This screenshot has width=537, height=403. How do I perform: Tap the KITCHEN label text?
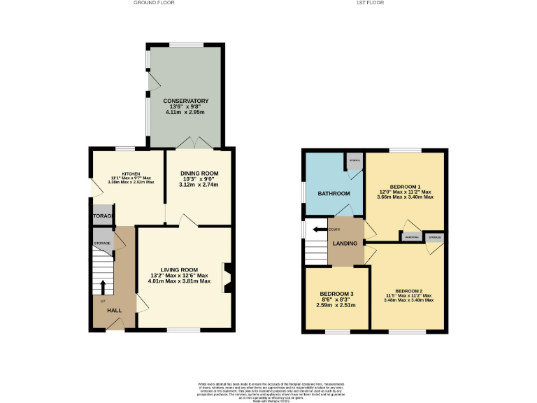pos(131,173)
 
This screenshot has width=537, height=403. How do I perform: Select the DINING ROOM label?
pos(199,174)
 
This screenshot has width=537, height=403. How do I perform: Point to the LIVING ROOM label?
pos(180,269)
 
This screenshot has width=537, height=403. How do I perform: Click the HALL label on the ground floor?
pos(114,310)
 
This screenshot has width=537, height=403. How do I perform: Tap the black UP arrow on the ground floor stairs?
pos(103,287)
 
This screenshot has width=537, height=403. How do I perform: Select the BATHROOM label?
pos(334,193)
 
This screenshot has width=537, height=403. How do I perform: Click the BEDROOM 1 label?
pos(405,186)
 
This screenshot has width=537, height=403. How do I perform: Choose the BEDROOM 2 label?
pos(409,290)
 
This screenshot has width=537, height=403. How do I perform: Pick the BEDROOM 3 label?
pos(336,294)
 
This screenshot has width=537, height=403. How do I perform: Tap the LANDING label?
pos(345,243)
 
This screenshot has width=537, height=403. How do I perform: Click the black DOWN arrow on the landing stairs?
pos(321,229)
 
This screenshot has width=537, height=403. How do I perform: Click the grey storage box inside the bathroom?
pos(355,161)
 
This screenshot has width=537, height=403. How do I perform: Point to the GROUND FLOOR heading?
pos(153,3)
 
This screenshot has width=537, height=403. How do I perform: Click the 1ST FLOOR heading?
pos(370,3)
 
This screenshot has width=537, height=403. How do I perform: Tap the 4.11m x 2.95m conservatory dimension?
pos(186,113)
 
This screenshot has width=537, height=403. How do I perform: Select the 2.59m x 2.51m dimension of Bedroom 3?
pos(336,305)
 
